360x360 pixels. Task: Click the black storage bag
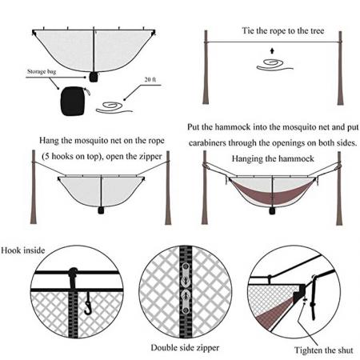click(x=73, y=101)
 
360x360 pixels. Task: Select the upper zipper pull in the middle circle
click(x=185, y=272)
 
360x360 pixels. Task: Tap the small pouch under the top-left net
click(x=94, y=76)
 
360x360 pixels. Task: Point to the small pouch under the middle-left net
click(x=102, y=210)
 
